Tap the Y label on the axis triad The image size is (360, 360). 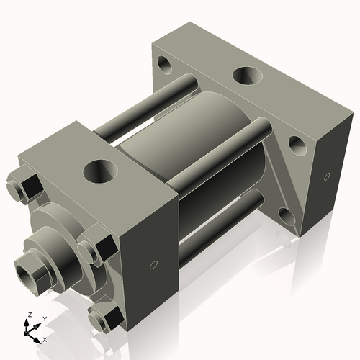pos(44,318)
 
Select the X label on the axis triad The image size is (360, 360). pos(45,338)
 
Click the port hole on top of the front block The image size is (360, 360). pos(99,171)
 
